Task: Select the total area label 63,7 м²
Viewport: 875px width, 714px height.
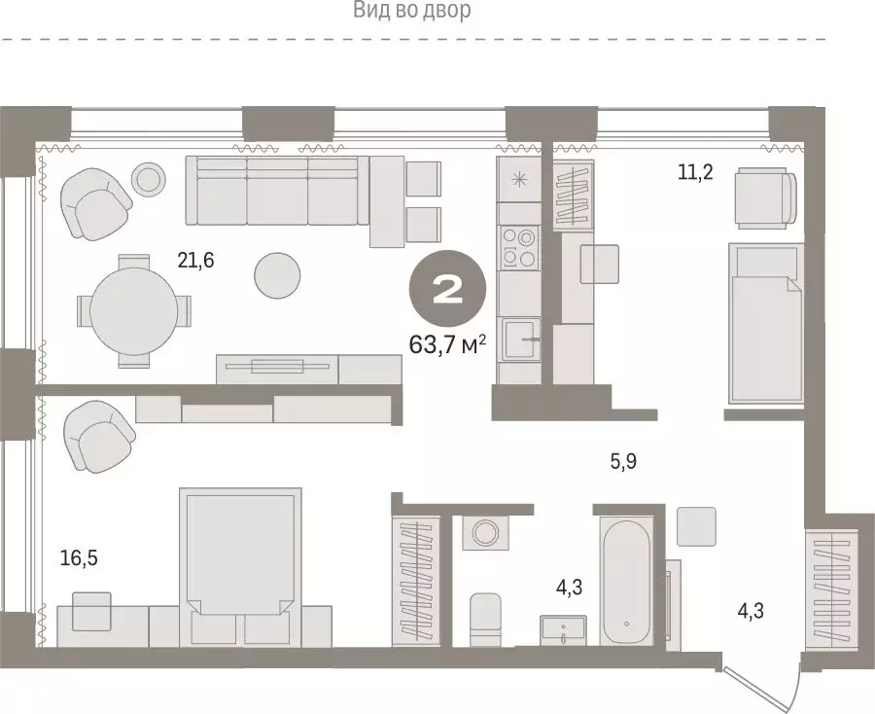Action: point(447,344)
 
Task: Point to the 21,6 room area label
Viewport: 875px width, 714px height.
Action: point(194,260)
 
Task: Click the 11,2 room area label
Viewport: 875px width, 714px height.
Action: point(696,173)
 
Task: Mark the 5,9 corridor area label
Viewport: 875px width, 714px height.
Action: point(623,462)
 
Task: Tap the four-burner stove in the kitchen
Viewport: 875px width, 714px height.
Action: point(516,247)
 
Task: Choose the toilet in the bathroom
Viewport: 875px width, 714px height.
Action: point(484,617)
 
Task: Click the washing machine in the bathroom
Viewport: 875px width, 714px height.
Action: point(483,534)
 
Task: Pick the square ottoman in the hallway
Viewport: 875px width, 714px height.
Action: point(696,526)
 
